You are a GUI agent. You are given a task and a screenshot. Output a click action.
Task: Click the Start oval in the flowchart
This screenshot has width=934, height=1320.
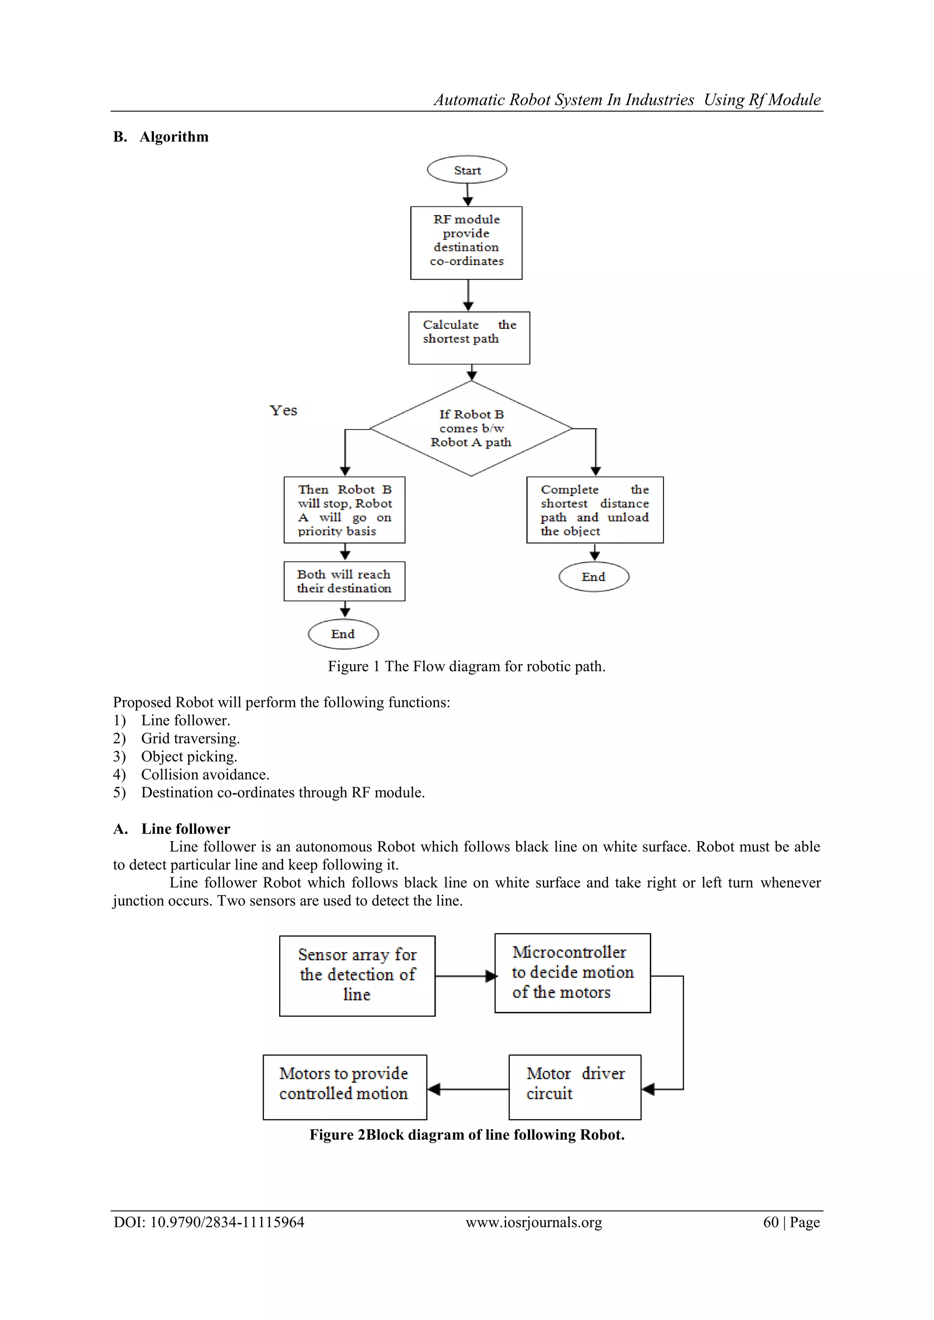[467, 170]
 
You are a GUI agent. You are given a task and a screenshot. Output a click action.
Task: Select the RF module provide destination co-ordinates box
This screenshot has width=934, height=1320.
[467, 243]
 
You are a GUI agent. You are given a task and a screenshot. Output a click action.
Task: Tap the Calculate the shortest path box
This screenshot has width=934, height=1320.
[469, 338]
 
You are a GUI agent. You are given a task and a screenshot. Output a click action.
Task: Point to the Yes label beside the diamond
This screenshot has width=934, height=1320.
[284, 410]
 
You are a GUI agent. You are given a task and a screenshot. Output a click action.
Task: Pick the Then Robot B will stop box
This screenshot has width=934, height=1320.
[344, 510]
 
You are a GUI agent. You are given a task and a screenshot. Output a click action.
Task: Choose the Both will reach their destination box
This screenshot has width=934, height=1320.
[344, 581]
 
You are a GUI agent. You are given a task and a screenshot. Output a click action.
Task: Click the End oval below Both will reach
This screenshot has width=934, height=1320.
[343, 634]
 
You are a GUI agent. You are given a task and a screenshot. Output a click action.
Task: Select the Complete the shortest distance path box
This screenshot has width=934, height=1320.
[595, 510]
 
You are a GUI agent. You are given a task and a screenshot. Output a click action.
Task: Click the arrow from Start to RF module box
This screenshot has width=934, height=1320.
[467, 195]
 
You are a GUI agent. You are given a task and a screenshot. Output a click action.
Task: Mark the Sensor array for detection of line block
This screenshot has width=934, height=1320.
[357, 976]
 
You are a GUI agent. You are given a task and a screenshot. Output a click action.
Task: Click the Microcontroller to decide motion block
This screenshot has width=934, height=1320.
[572, 973]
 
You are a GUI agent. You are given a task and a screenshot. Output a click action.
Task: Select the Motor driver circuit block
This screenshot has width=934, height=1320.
[575, 1087]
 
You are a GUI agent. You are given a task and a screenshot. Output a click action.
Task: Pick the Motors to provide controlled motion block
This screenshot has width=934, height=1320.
[344, 1087]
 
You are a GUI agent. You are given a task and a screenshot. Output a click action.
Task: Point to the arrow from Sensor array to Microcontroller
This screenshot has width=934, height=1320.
[465, 976]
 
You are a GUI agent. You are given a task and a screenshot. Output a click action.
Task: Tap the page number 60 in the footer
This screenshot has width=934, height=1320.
[771, 1222]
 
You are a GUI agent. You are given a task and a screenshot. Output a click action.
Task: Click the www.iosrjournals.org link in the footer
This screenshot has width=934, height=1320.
[534, 1222]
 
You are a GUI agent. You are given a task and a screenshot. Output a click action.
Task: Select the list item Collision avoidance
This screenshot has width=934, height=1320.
[205, 774]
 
